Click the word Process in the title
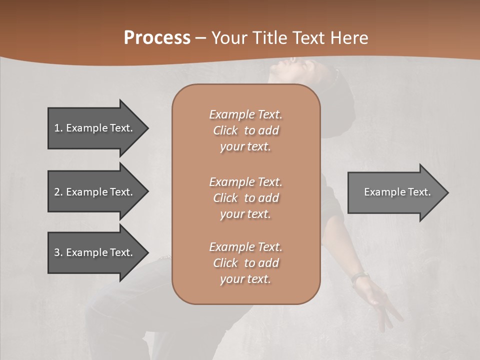click(x=157, y=37)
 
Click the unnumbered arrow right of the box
click(x=395, y=192)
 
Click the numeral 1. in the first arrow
click(x=58, y=128)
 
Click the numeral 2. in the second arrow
click(x=58, y=192)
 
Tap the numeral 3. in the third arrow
click(x=58, y=252)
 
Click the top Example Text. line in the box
click(x=245, y=114)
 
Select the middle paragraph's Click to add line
click(x=245, y=198)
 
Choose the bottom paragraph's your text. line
click(x=245, y=279)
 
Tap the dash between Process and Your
click(x=200, y=38)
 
